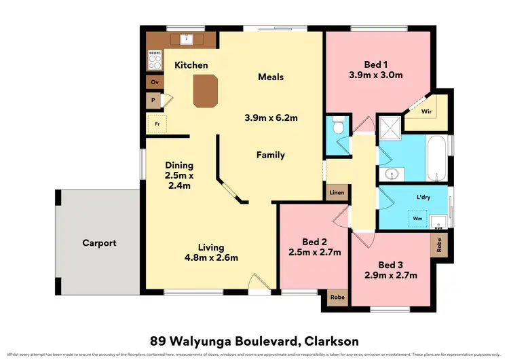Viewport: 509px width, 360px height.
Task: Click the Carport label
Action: (99, 242)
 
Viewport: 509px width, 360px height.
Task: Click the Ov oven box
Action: (155, 83)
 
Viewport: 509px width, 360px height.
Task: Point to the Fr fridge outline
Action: (157, 124)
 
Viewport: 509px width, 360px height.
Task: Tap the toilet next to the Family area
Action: (338, 128)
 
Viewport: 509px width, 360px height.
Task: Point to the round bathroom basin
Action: (392, 175)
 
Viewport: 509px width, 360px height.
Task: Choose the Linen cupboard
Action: (336, 194)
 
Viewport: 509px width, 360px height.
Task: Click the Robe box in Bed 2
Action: (336, 297)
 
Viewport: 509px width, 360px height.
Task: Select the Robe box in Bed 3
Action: (438, 245)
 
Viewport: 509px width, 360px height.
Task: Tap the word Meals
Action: (271, 77)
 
